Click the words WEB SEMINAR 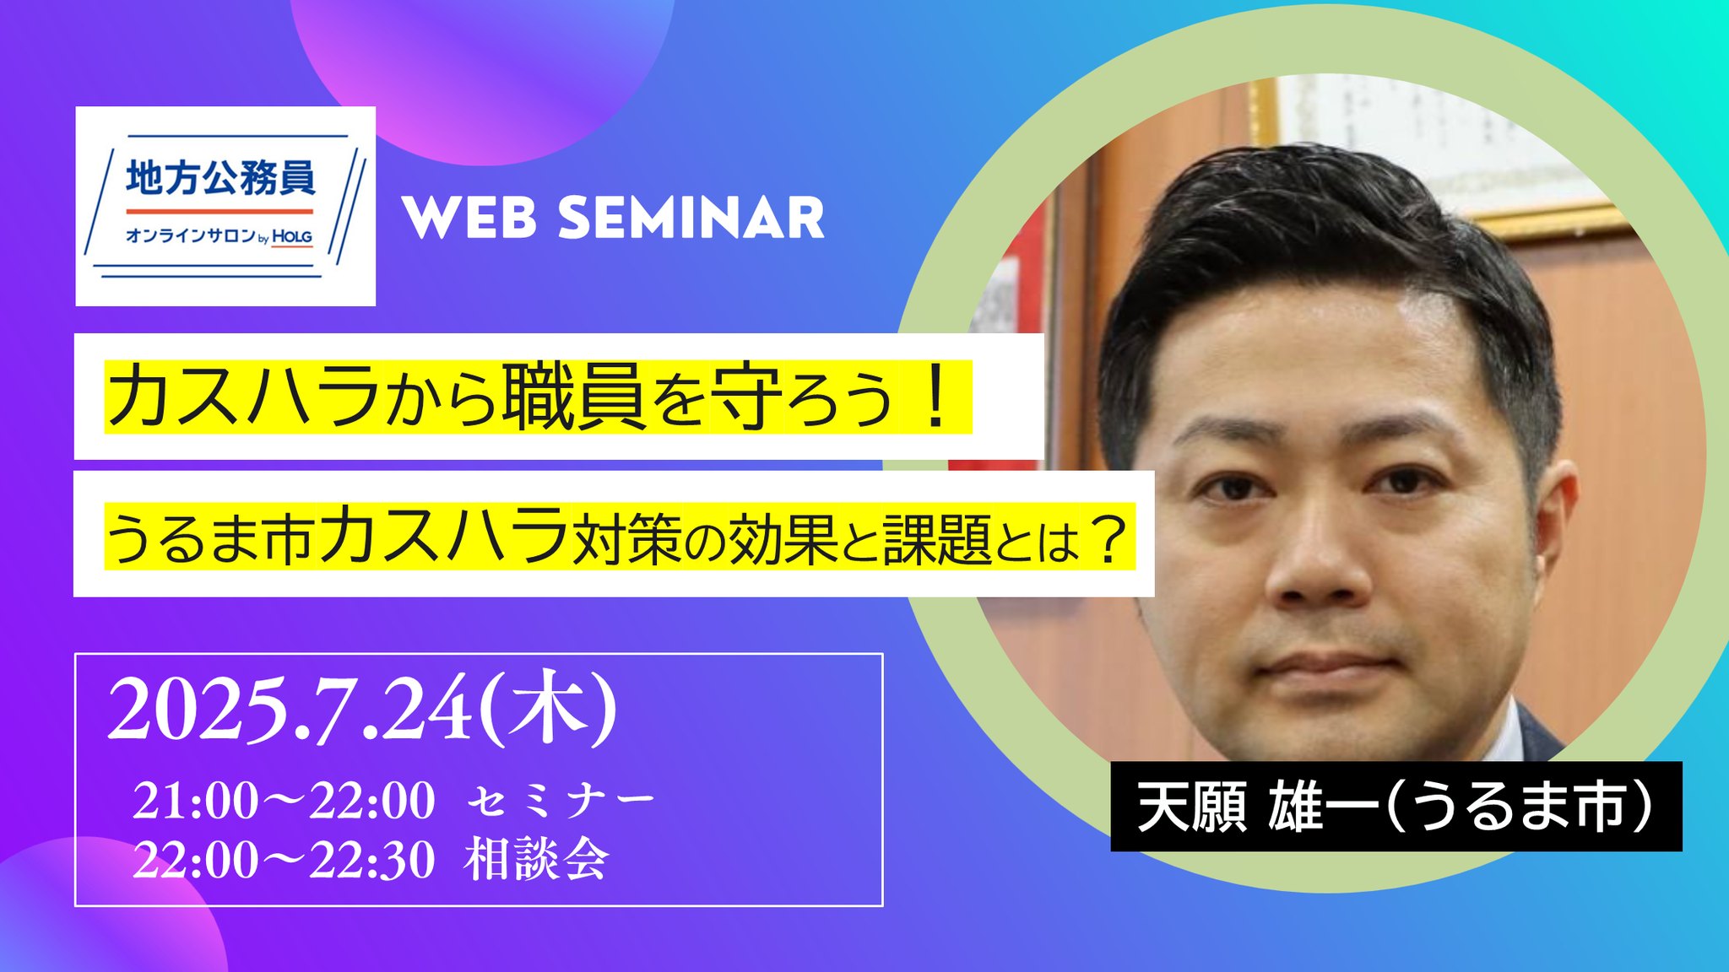pyautogui.click(x=614, y=219)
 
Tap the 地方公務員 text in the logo pyautogui.click(x=220, y=178)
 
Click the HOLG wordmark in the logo pyautogui.click(x=292, y=237)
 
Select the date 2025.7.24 pyautogui.click(x=290, y=710)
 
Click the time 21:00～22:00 pyautogui.click(x=284, y=800)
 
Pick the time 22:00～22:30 pyautogui.click(x=284, y=860)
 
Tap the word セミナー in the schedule pyautogui.click(x=561, y=801)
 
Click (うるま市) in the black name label pyautogui.click(x=1519, y=807)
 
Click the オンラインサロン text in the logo pyautogui.click(x=191, y=235)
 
